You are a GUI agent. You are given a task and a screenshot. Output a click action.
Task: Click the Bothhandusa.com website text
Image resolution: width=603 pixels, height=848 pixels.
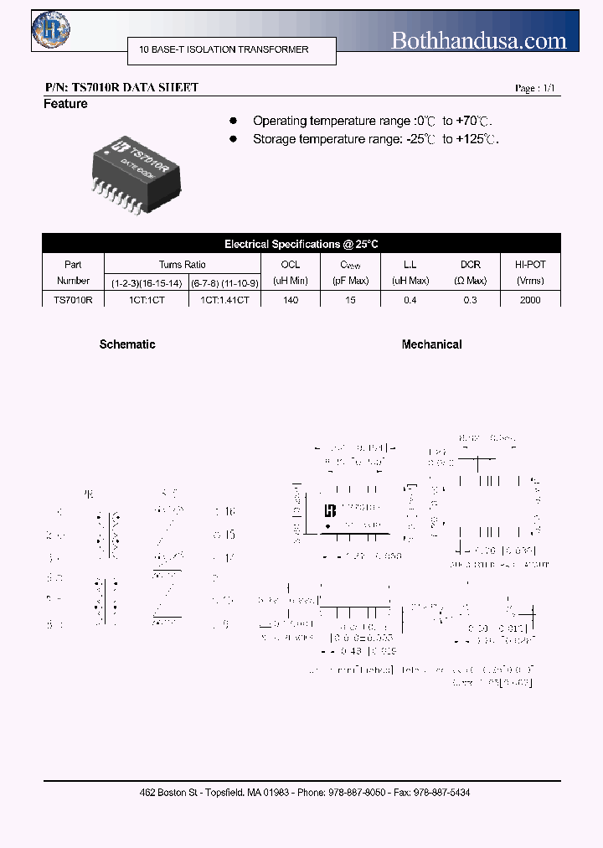tap(479, 39)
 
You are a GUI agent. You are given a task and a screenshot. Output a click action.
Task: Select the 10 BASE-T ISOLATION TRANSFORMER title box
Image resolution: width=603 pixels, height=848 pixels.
tap(231, 49)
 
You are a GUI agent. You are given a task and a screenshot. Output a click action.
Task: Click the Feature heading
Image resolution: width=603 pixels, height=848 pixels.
tap(65, 104)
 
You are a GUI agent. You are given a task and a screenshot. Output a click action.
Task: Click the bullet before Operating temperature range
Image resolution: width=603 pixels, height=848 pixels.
tap(234, 121)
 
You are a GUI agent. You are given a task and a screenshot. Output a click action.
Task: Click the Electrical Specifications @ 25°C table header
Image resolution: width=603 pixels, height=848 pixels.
tap(301, 244)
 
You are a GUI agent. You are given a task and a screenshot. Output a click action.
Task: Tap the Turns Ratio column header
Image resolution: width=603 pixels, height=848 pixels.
tap(182, 264)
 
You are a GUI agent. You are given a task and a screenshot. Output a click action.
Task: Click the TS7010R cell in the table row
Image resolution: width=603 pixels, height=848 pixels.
tap(73, 299)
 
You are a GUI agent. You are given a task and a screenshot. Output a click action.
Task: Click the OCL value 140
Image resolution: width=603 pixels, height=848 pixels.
tap(291, 299)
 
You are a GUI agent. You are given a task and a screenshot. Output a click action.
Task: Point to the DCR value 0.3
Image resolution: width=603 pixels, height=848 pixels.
tap(470, 299)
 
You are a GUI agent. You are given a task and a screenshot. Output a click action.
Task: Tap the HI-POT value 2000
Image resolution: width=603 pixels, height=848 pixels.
tap(530, 299)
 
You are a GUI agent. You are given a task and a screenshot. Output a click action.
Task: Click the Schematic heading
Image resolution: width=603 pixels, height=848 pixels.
tap(127, 344)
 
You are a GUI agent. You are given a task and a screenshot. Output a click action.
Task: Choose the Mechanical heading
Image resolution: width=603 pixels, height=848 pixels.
tap(431, 344)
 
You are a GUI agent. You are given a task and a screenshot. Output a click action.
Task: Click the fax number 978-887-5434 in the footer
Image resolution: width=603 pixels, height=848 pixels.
tap(441, 792)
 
